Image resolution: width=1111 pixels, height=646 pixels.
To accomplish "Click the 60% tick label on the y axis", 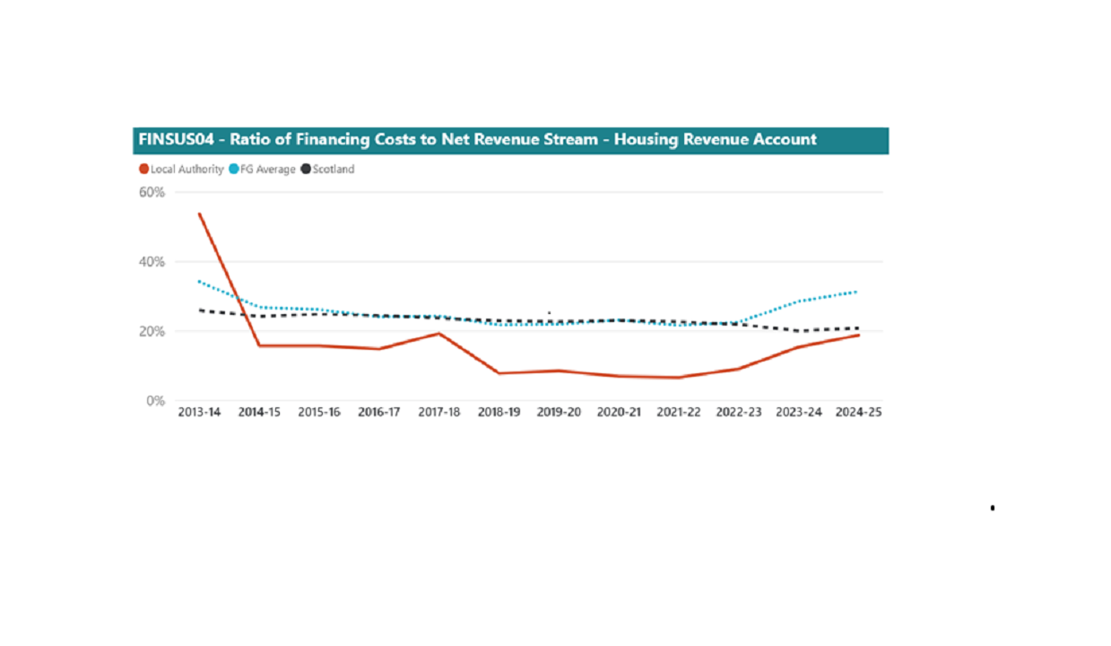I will coord(151,192).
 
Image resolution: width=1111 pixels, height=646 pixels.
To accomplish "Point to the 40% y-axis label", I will coord(151,262).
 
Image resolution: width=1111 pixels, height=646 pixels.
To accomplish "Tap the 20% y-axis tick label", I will coord(151,331).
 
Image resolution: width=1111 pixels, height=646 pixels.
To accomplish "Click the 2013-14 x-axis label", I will coord(199,413).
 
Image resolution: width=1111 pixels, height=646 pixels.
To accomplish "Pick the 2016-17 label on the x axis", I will coord(378,413).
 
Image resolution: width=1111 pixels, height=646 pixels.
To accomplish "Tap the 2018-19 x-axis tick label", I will coord(499,413).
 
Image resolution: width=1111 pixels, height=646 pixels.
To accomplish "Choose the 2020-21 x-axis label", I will coord(619,413).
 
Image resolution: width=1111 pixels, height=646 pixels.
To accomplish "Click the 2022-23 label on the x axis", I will coord(738,413).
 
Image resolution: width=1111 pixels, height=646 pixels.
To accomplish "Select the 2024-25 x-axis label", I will coord(858,413).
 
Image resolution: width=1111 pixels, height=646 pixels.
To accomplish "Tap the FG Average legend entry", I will coord(266,170).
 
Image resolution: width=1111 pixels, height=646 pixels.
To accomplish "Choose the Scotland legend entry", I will coord(333,170).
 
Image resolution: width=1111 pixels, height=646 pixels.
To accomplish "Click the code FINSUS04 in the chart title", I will coord(176,140).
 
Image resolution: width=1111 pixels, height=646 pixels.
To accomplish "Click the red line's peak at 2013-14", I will coord(199,214).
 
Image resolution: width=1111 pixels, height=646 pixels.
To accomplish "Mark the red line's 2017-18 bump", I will coord(438,334).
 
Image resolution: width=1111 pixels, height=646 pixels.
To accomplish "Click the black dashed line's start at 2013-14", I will coord(199,310).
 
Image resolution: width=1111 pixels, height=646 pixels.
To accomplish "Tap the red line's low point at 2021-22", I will coord(678,378).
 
